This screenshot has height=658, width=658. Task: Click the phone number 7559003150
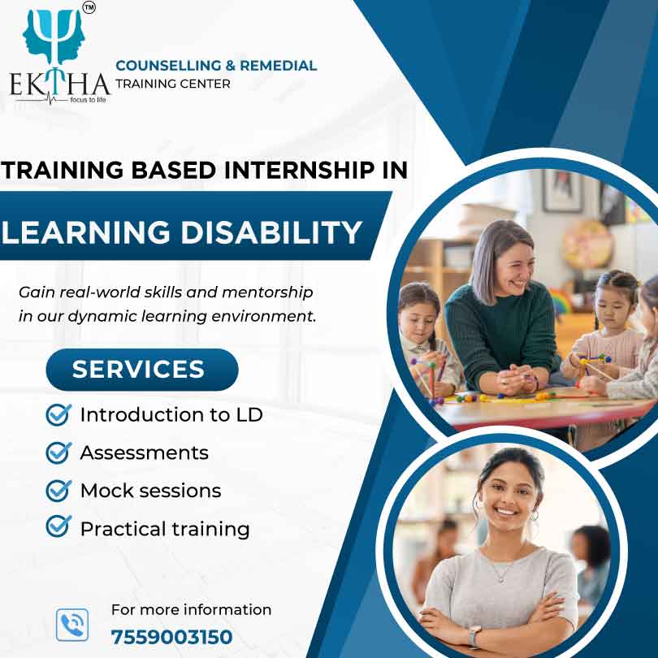pyautogui.click(x=171, y=637)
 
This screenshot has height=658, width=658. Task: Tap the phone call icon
pyautogui.click(x=72, y=625)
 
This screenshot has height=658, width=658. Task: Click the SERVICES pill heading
pyautogui.click(x=142, y=370)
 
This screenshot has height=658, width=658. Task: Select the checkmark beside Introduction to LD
pyautogui.click(x=58, y=415)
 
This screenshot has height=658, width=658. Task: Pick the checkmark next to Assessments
pyautogui.click(x=58, y=452)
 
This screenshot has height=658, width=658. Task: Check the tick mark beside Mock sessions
pyautogui.click(x=58, y=491)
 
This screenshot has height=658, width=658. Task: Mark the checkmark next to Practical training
pyautogui.click(x=58, y=526)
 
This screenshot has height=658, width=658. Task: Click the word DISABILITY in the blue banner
pyautogui.click(x=271, y=232)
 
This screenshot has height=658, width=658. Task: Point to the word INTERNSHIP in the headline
pyautogui.click(x=300, y=170)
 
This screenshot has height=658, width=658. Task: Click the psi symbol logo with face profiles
pyautogui.click(x=54, y=36)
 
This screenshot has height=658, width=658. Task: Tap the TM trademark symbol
pyautogui.click(x=89, y=7)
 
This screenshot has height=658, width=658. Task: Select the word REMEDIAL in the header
pyautogui.click(x=278, y=66)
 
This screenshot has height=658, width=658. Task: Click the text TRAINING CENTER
pyautogui.click(x=173, y=84)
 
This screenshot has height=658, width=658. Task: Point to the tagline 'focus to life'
pyautogui.click(x=88, y=100)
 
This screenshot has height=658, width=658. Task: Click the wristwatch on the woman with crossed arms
pyautogui.click(x=474, y=636)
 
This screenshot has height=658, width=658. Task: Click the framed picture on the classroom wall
pyautogui.click(x=562, y=191)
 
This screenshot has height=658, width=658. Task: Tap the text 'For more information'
pyautogui.click(x=192, y=610)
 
